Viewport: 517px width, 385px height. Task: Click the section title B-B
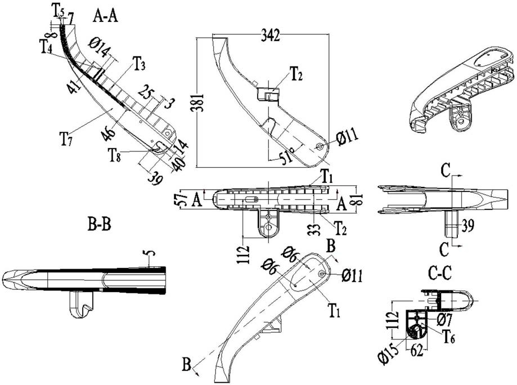pyautogui.click(x=100, y=225)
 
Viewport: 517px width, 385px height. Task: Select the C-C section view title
pyautogui.click(x=439, y=274)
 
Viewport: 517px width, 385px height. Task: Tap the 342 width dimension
pyautogui.click(x=271, y=35)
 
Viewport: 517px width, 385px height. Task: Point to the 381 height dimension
pyautogui.click(x=200, y=103)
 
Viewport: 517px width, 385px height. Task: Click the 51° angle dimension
pyautogui.click(x=287, y=155)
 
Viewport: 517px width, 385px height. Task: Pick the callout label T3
pyautogui.click(x=139, y=64)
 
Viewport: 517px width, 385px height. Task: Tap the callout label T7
pyautogui.click(x=66, y=138)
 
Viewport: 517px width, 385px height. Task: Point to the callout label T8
pyautogui.click(x=114, y=155)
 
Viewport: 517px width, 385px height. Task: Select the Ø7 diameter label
pyautogui.click(x=444, y=319)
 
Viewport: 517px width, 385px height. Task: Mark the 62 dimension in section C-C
pyautogui.click(x=416, y=351)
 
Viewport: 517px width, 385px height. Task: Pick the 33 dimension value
pyautogui.click(x=316, y=229)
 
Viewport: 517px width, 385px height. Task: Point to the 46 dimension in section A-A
pyautogui.click(x=109, y=133)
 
